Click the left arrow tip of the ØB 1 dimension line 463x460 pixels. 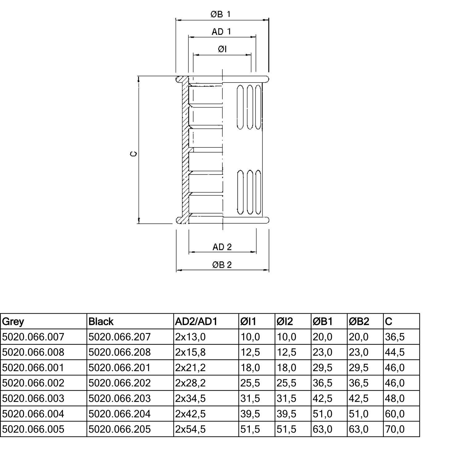coord(176,20)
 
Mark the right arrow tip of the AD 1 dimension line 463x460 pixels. coord(256,37)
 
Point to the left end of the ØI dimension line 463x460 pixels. coord(194,55)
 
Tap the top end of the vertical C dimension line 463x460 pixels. coord(139,77)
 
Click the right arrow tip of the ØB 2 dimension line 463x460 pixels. coord(269,270)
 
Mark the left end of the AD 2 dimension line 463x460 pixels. coord(189,252)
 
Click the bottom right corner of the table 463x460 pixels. coord(420,437)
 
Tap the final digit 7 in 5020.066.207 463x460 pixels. coord(148,337)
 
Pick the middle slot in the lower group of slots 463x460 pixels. coord(250,192)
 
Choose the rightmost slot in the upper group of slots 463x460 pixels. coord(258,107)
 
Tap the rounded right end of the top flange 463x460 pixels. coord(267,79)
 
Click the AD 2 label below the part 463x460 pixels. coord(222,247)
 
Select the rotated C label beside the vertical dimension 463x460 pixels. coord(133,154)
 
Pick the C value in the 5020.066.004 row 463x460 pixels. coord(395,414)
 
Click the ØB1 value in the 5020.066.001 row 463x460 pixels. coord(323,368)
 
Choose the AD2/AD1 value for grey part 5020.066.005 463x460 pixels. coord(190,429)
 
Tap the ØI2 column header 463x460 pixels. coord(285,322)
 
